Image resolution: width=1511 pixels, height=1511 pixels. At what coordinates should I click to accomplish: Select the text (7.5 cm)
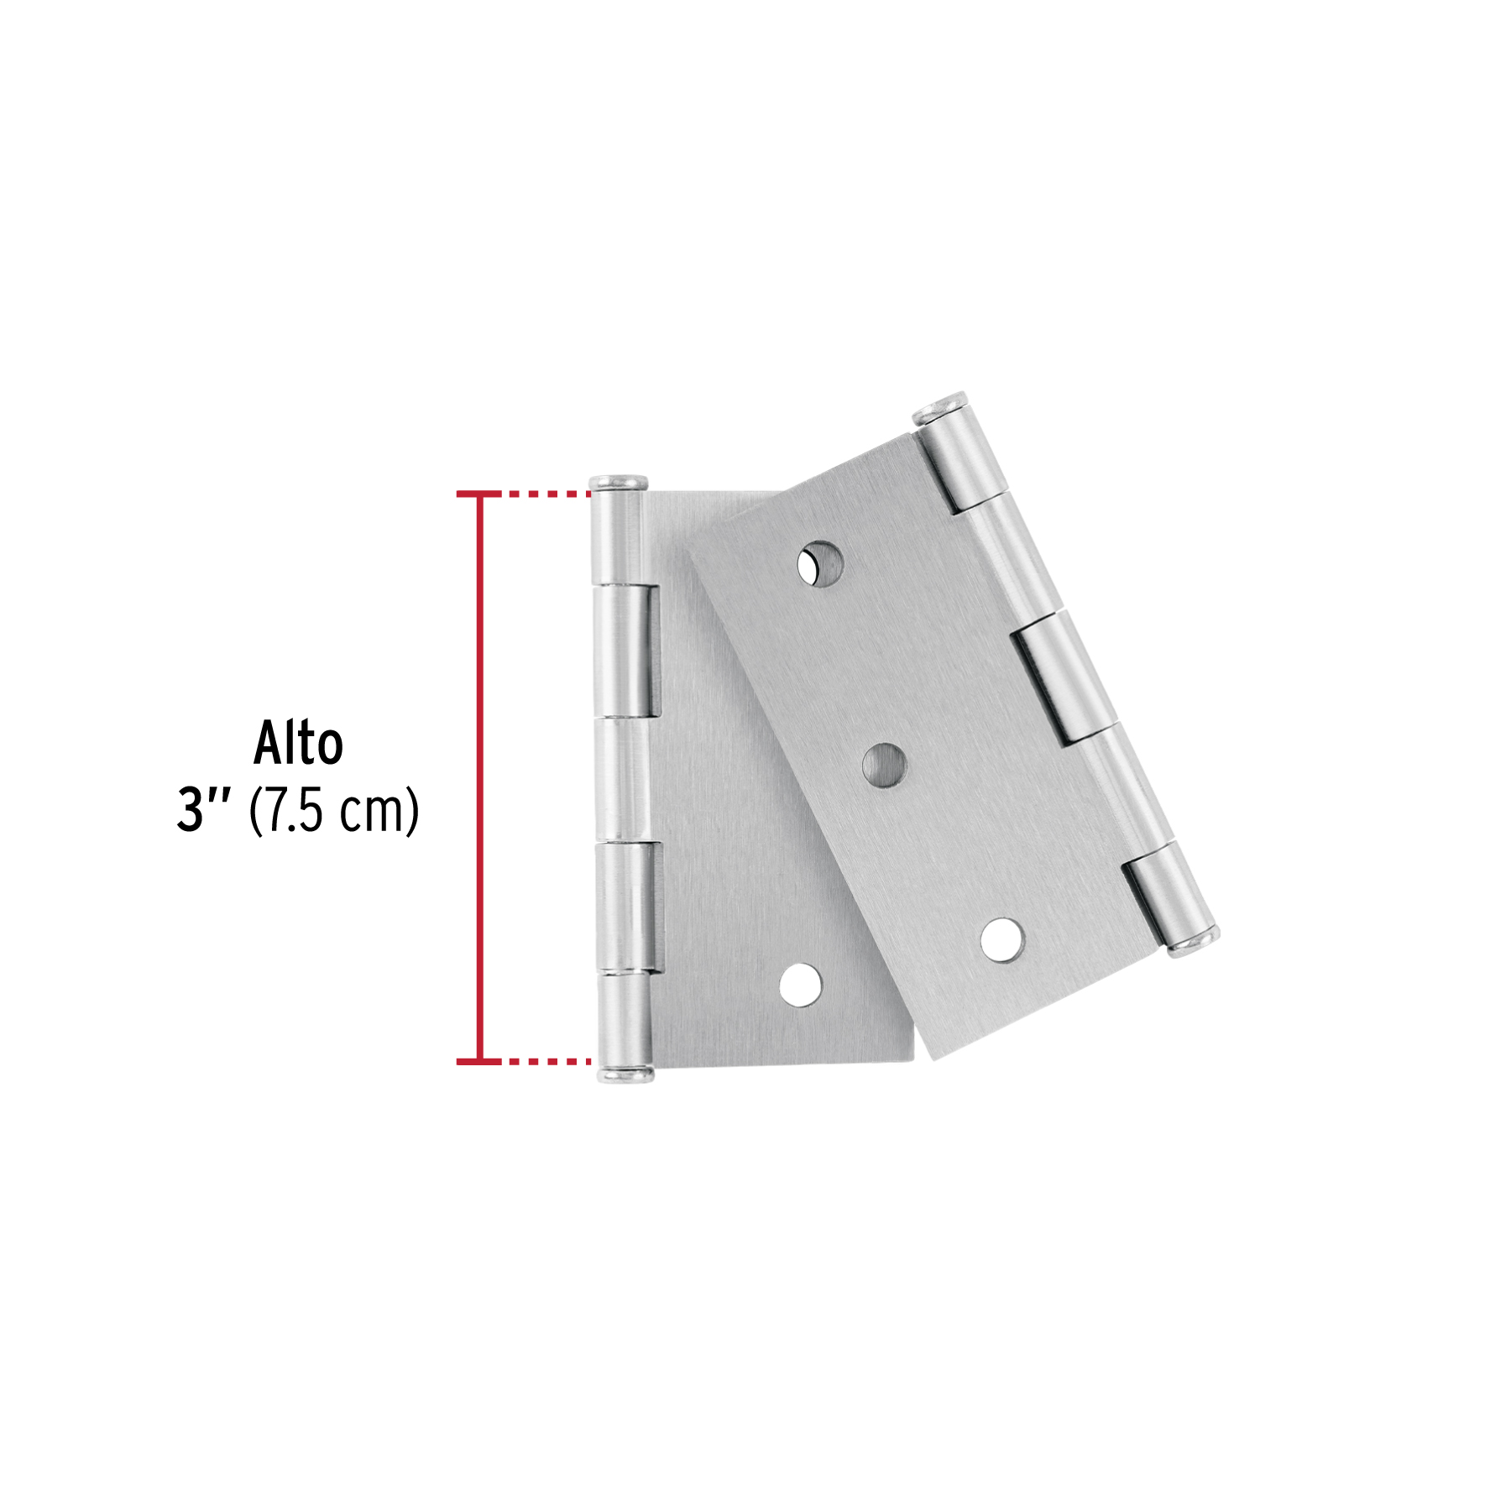(x=334, y=811)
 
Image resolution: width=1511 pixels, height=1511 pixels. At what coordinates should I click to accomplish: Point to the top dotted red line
(x=546, y=494)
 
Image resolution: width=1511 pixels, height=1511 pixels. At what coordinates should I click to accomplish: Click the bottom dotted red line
(x=546, y=1062)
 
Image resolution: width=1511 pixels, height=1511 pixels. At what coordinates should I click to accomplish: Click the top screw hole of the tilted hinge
(x=820, y=563)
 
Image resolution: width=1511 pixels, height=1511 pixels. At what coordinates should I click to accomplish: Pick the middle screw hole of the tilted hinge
(x=885, y=765)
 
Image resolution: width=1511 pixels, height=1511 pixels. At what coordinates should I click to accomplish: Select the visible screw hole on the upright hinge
(x=800, y=985)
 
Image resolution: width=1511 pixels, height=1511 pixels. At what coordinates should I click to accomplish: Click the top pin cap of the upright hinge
(x=618, y=483)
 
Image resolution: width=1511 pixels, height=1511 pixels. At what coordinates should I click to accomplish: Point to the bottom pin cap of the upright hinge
(x=625, y=1074)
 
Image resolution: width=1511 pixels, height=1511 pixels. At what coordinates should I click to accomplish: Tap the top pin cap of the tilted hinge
(x=941, y=408)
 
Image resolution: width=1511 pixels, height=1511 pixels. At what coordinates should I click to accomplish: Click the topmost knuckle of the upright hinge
(x=615, y=537)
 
